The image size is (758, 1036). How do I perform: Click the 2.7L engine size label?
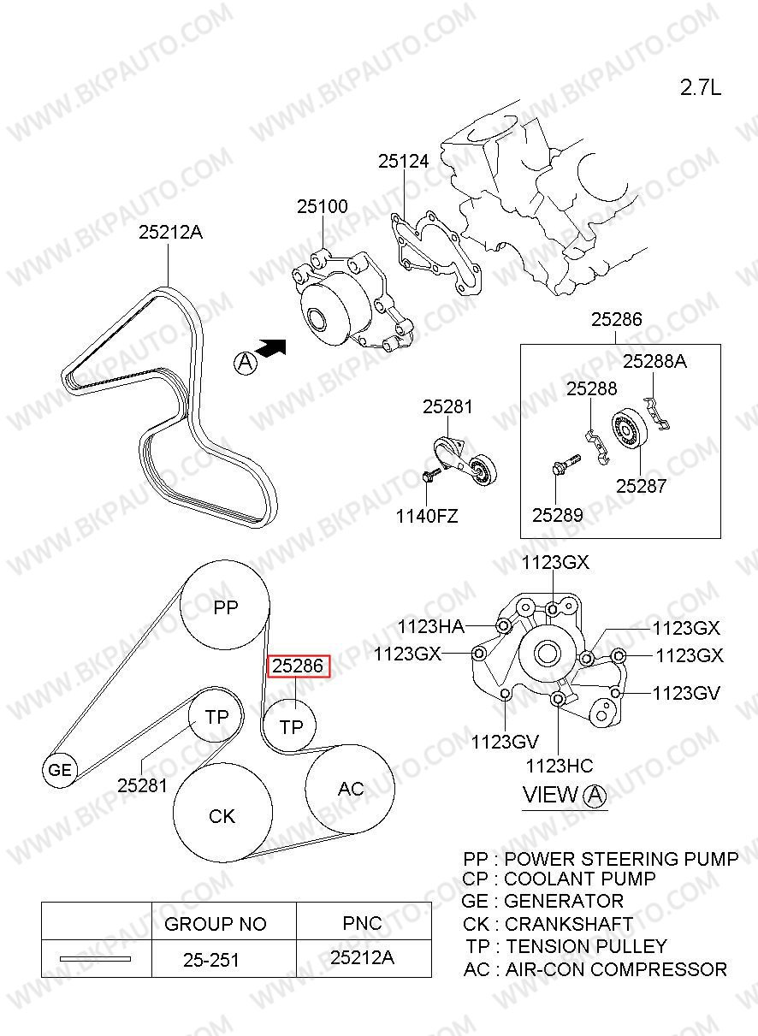(700, 87)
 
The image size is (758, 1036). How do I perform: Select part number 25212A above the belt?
(170, 232)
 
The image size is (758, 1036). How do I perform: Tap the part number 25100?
(323, 206)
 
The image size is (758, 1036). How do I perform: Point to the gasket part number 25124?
(404, 161)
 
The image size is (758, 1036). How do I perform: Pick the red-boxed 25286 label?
(298, 666)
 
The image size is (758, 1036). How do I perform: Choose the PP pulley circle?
(225, 605)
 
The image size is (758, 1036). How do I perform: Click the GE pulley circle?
(60, 770)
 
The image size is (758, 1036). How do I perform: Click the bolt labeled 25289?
(566, 464)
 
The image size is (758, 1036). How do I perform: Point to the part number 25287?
(642, 486)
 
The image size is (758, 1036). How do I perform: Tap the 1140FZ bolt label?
(427, 516)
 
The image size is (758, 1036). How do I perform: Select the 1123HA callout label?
(431, 627)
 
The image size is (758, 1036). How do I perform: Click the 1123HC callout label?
(560, 767)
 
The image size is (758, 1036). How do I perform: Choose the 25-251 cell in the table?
(211, 960)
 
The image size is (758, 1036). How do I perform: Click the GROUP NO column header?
(216, 924)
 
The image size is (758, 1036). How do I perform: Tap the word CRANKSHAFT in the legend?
(569, 924)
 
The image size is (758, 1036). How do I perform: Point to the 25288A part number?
(654, 361)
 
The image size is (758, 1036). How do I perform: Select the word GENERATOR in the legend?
(564, 901)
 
